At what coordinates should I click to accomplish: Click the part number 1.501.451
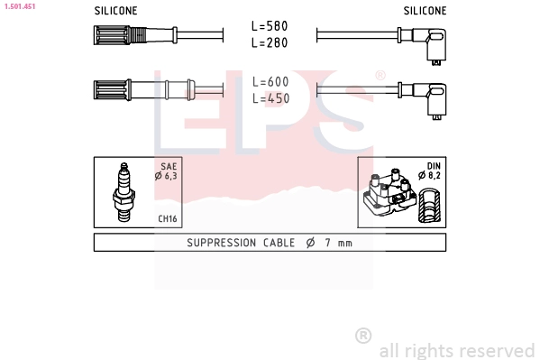coord(20,6)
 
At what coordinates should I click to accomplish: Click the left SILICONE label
coord(115,11)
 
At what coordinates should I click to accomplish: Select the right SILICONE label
coord(425,11)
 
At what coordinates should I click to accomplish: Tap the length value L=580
coord(270,26)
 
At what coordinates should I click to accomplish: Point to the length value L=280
coord(270,42)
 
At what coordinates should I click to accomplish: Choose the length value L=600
coord(270,82)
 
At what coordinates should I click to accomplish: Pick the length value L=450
coord(270,98)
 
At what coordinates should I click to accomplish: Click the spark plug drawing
coord(124,192)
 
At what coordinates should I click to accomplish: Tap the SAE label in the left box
coord(169,167)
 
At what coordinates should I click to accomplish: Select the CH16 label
coord(168,218)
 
